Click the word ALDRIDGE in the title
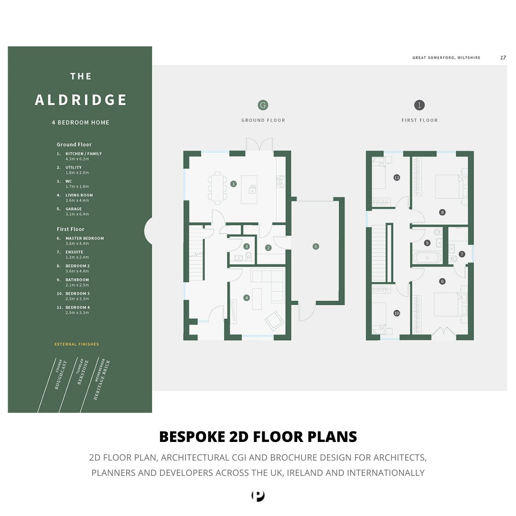coord(81,100)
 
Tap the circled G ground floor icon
coord(262,105)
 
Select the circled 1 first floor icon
coord(419,105)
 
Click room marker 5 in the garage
coord(315,247)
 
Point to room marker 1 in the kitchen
coord(234,183)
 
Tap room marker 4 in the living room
coord(247,298)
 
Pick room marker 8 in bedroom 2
coord(442,212)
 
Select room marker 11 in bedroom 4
coord(397,177)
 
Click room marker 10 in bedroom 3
coord(397,313)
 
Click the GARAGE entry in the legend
coord(74,209)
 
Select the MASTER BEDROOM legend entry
coord(85,238)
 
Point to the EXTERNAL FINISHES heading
coord(77,344)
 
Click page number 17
coord(503,57)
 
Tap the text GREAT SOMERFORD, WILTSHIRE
coord(446,57)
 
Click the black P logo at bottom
coord(258,496)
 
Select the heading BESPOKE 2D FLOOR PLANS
coord(258,437)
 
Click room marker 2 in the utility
coord(269,247)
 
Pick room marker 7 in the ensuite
coord(462,254)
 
